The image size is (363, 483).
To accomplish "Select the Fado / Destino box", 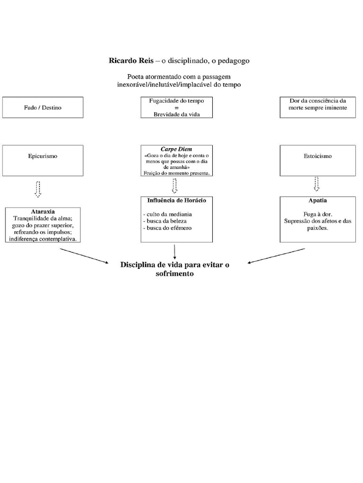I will coord(43,108).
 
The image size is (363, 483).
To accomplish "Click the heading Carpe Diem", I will coord(176,149).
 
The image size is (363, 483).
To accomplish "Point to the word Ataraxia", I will coord(43,212).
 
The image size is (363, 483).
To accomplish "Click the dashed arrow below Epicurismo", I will coord(38,189).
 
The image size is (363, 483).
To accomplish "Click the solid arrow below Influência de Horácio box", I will coord(175,251).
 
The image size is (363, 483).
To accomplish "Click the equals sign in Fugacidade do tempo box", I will coord(176,108).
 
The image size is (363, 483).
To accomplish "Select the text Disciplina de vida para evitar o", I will coord(174,265).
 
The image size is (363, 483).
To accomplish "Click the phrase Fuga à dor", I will coord(315,214).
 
